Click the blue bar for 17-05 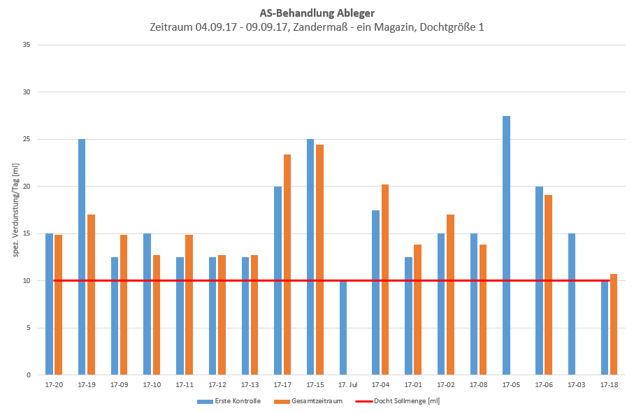point(506,245)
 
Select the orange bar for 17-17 point(287,265)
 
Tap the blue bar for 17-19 point(82,257)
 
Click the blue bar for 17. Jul point(343,328)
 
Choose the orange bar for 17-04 point(385,280)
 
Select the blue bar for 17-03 point(572,304)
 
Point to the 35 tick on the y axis point(27,45)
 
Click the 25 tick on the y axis point(27,139)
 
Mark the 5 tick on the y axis point(29,328)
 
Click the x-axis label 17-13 point(250,385)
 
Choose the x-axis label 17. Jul point(347,385)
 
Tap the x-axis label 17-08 point(479,385)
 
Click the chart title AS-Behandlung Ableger point(317,13)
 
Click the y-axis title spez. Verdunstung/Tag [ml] point(15,210)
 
